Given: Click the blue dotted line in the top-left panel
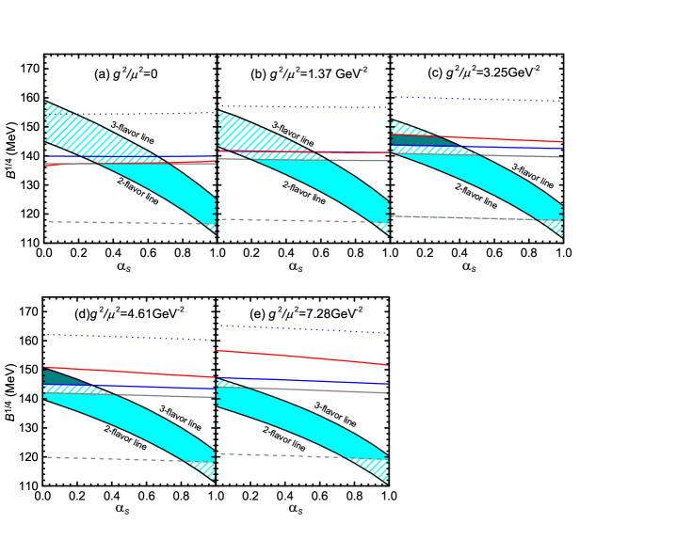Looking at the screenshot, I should point(132,114).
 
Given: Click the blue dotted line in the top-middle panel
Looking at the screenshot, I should point(301,107).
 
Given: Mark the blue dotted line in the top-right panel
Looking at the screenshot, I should point(480,99).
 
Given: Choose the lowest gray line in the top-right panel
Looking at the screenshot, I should point(471,218).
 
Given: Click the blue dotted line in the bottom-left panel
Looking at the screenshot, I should point(132,337).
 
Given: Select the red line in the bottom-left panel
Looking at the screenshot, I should point(132,373).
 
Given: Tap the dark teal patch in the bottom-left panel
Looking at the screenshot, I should point(54,377).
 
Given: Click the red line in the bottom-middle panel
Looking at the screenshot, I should point(301,357).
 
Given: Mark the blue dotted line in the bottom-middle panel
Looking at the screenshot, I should point(301,329).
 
